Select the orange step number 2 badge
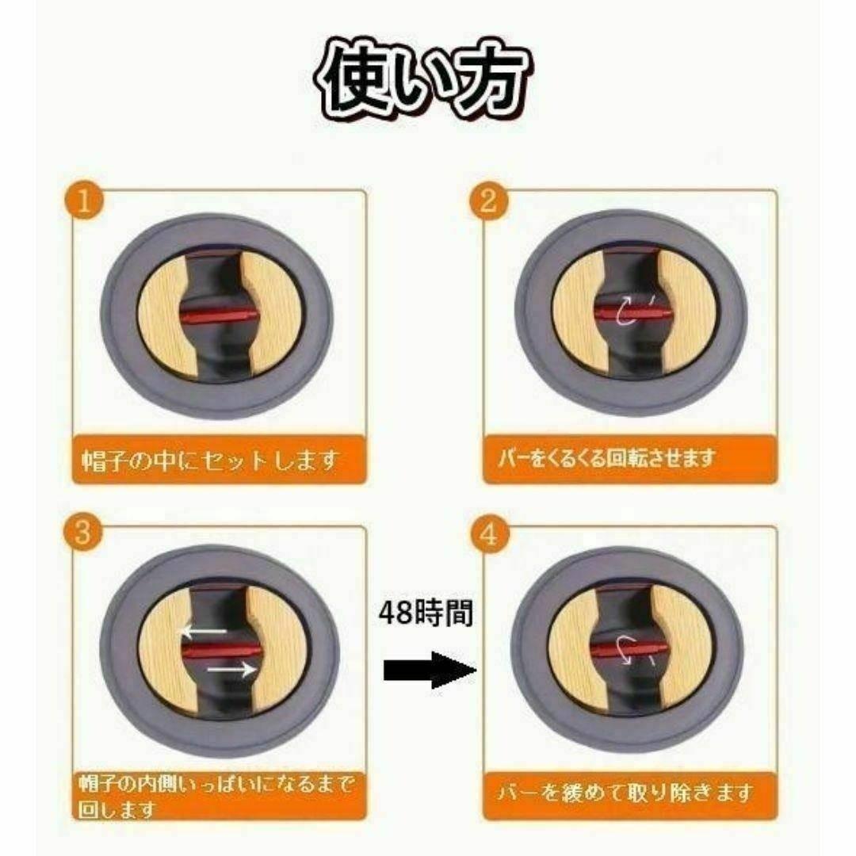pos(488,201)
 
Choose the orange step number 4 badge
pos(489,534)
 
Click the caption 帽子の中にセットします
pos(211,461)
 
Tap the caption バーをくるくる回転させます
pos(606,458)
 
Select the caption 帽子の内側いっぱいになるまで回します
pos(216,797)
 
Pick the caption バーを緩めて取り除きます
pos(625,792)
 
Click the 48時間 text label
pos(426,613)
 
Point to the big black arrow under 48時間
pos(430,670)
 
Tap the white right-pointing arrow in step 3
pos(231,669)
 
